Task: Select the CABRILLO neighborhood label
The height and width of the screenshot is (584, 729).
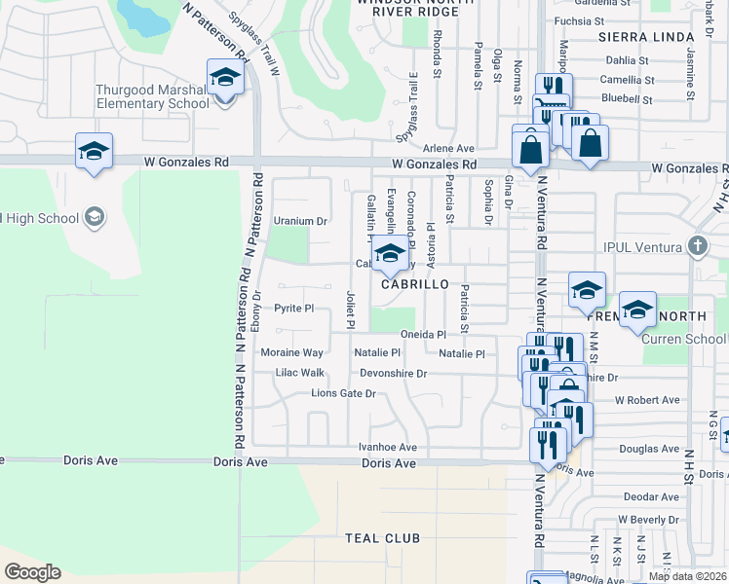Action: coord(414,284)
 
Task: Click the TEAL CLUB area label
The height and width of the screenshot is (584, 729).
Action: coord(383,538)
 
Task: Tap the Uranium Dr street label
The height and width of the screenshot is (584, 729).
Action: coord(300,221)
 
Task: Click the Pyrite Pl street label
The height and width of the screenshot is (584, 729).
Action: coord(293,308)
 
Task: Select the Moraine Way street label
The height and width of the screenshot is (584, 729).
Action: coord(291,352)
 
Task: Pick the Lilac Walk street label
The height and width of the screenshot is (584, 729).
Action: coord(299,373)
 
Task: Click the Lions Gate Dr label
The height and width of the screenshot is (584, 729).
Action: coord(343,393)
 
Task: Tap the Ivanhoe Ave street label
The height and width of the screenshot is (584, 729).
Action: coord(387,447)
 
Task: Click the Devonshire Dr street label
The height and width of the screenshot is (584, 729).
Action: coord(394,373)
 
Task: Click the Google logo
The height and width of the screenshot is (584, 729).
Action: coord(32,572)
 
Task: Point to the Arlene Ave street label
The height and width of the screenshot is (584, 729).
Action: coord(447,148)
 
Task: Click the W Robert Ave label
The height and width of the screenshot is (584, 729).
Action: coord(647,400)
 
